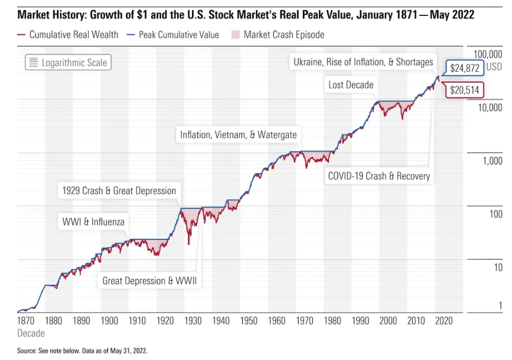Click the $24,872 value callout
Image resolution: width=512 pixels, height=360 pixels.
pyautogui.click(x=464, y=68)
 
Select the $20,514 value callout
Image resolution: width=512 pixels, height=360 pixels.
pyautogui.click(x=464, y=89)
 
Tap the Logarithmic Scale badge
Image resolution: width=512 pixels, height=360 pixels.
pyautogui.click(x=68, y=63)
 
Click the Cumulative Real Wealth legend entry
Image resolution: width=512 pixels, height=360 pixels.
pyautogui.click(x=68, y=35)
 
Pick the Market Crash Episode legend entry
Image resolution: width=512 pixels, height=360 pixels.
pyautogui.click(x=277, y=35)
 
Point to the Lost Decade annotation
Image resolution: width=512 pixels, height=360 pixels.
pyautogui.click(x=351, y=85)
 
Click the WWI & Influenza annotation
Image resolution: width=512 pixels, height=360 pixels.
pyautogui.click(x=93, y=222)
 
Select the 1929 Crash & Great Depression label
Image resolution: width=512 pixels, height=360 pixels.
pyautogui.click(x=118, y=191)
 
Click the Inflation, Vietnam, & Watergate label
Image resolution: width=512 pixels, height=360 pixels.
pyautogui.click(x=239, y=135)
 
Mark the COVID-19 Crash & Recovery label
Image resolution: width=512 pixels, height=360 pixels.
pyautogui.click(x=379, y=176)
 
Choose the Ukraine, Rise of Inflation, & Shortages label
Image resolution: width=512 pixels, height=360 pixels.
pyautogui.click(x=363, y=62)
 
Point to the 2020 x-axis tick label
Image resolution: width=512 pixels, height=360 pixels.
pyautogui.click(x=443, y=321)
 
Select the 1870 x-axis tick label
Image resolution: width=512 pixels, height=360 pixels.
pyautogui.click(x=26, y=321)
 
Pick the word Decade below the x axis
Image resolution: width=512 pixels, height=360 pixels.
pyautogui.click(x=31, y=333)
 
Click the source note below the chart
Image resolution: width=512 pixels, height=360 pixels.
pyautogui.click(x=83, y=350)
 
